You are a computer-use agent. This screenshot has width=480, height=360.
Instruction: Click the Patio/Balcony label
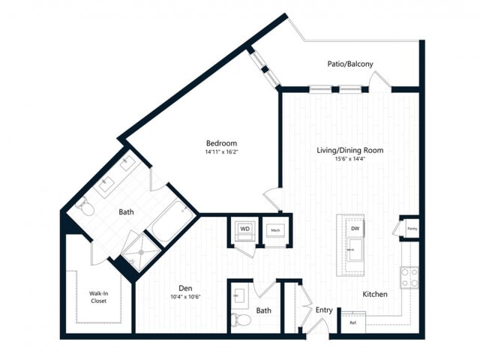pos(349,64)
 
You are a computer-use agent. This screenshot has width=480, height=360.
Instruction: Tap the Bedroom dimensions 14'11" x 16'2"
pos(222,152)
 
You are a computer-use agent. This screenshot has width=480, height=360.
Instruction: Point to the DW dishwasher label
pos(355,228)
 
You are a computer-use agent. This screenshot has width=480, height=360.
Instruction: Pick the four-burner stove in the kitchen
pos(409,278)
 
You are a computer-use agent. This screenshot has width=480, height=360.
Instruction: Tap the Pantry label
pos(412,228)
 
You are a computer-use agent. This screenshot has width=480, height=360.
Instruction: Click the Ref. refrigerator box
pos(353,322)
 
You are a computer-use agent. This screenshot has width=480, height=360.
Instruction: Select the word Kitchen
pos(375,294)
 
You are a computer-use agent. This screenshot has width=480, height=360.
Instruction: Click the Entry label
pos(324,310)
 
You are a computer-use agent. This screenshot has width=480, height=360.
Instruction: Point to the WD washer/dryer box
pos(244,229)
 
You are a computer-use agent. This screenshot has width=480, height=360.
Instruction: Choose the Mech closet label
pos(275,229)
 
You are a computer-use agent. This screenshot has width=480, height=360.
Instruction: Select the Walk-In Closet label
pos(98,297)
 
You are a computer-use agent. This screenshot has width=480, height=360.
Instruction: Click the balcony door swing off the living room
pos(379,80)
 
